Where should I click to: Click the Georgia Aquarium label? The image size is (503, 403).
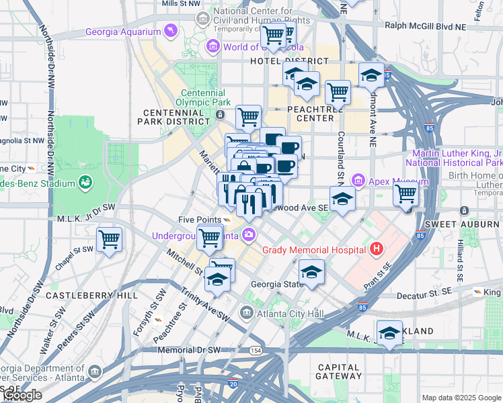[123, 32]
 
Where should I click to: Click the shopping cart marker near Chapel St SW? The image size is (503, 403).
[109, 238]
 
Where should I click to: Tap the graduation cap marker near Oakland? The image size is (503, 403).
[389, 333]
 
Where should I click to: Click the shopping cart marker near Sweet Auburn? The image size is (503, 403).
[405, 193]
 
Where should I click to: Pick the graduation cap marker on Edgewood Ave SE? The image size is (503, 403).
[342, 198]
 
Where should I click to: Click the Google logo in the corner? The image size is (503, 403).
[22, 396]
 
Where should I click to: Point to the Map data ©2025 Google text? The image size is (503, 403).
[461, 398]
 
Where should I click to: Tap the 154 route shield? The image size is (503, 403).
[256, 351]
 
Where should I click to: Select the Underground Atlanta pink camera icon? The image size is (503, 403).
[249, 234]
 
